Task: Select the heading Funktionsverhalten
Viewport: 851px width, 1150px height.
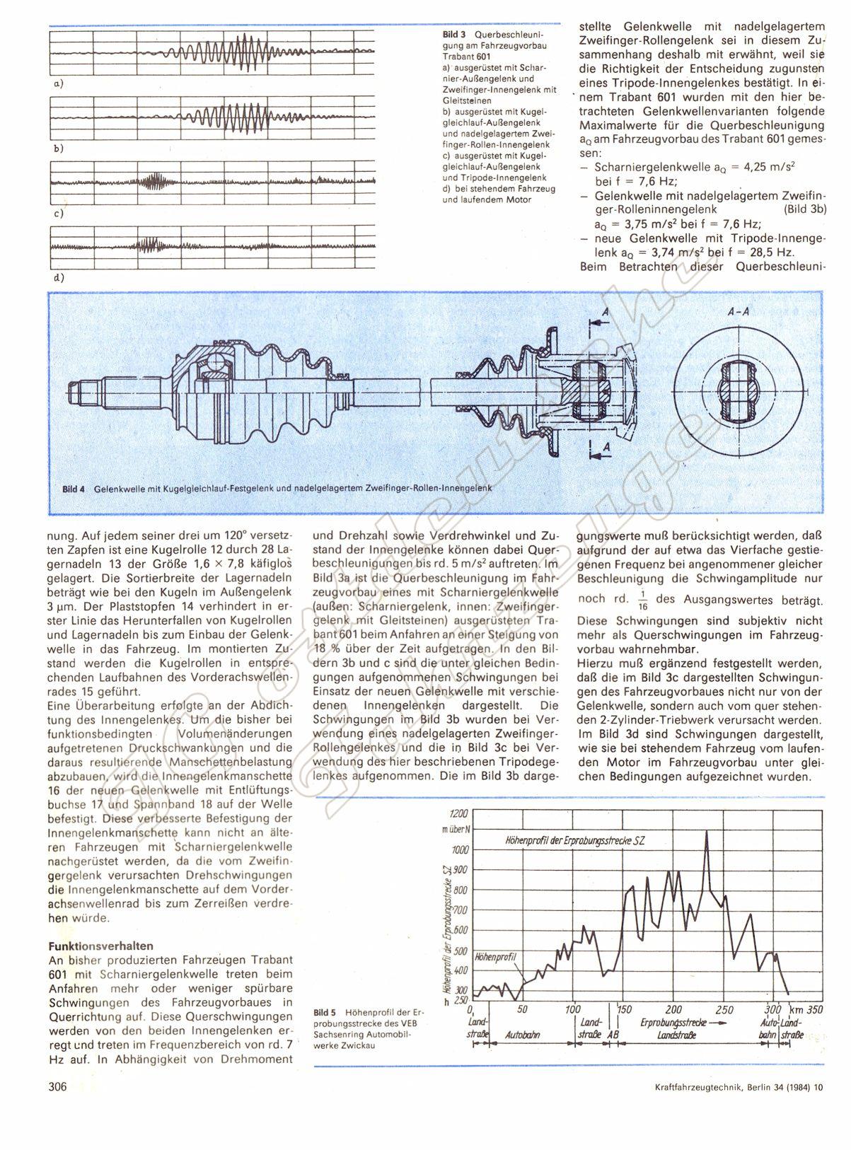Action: (100, 946)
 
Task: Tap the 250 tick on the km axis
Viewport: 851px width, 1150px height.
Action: (725, 1009)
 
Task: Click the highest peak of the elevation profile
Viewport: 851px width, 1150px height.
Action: (706, 832)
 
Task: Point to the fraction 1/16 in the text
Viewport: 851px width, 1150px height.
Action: (642, 598)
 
